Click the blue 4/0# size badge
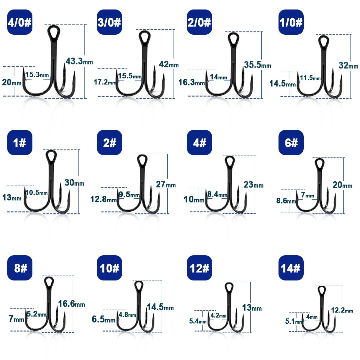(20, 22)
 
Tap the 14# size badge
(291, 268)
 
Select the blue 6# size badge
(291, 142)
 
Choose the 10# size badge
(109, 268)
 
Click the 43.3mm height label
(79, 61)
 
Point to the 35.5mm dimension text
(258, 65)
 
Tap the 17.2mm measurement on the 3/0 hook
(105, 82)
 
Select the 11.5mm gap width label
(310, 78)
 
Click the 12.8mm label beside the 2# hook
(103, 199)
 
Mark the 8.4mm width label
(217, 194)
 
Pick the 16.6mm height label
(71, 304)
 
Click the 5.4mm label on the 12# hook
(198, 321)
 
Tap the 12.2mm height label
(342, 310)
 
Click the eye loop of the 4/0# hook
(54, 32)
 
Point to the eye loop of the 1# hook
(51, 156)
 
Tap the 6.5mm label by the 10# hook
(103, 319)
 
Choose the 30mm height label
(74, 183)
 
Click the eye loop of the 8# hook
(49, 282)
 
